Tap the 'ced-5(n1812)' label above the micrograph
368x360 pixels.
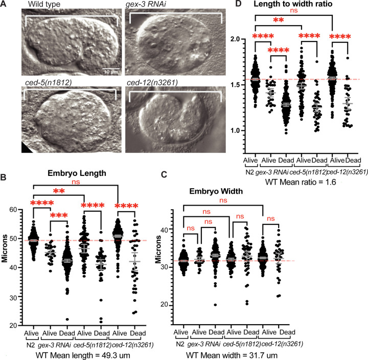click(x=46, y=81)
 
